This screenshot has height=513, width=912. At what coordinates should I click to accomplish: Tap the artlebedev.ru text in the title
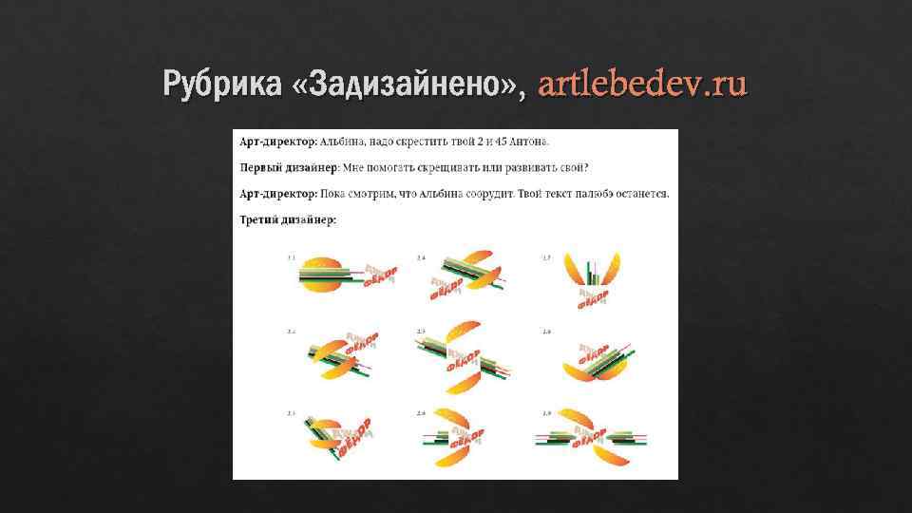642,85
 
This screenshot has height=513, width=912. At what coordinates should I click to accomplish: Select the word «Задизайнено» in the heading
409,85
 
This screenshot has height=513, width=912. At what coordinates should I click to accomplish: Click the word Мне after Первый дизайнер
353,167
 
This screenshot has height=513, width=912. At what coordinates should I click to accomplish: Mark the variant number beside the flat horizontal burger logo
292,257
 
